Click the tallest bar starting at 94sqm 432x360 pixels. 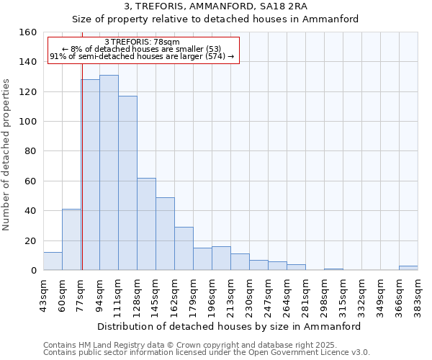pos(109,173)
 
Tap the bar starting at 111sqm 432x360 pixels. pos(127,183)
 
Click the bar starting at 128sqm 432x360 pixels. pos(146,224)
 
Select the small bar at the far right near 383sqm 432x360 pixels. pos(408,268)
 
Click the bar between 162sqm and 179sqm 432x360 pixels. pos(184,248)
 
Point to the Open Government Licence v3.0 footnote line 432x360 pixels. pos(207,353)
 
